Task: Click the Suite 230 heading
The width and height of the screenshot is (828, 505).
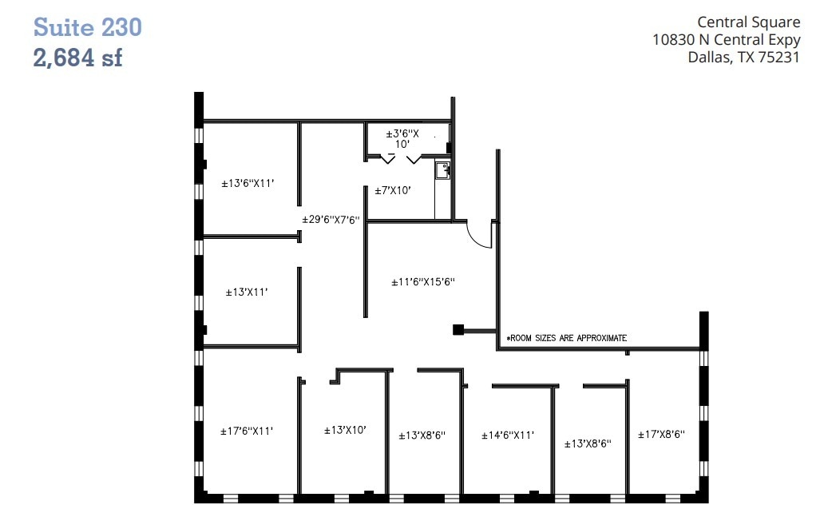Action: click(87, 27)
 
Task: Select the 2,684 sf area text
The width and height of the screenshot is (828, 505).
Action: click(77, 58)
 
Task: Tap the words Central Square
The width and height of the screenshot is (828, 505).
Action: click(748, 22)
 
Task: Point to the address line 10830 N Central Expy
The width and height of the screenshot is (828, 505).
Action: click(726, 40)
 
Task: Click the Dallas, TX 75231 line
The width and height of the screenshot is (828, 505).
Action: click(743, 57)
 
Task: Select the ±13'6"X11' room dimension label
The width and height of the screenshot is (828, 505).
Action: click(248, 183)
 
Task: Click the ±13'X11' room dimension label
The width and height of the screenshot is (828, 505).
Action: click(246, 292)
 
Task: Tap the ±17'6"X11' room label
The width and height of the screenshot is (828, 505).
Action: click(247, 431)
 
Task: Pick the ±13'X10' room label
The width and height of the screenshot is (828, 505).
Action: click(345, 430)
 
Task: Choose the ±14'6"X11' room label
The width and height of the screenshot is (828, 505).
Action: click(507, 435)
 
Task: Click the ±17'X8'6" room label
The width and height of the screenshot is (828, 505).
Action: click(661, 435)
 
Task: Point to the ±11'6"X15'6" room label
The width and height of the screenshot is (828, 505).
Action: click(422, 282)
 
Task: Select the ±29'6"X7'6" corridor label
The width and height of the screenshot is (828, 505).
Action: click(331, 220)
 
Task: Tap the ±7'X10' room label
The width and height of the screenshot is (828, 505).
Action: click(394, 191)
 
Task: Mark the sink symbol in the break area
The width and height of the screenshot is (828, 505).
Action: click(442, 169)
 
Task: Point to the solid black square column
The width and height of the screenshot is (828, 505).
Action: click(458, 329)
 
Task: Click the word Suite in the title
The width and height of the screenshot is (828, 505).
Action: click(64, 27)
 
